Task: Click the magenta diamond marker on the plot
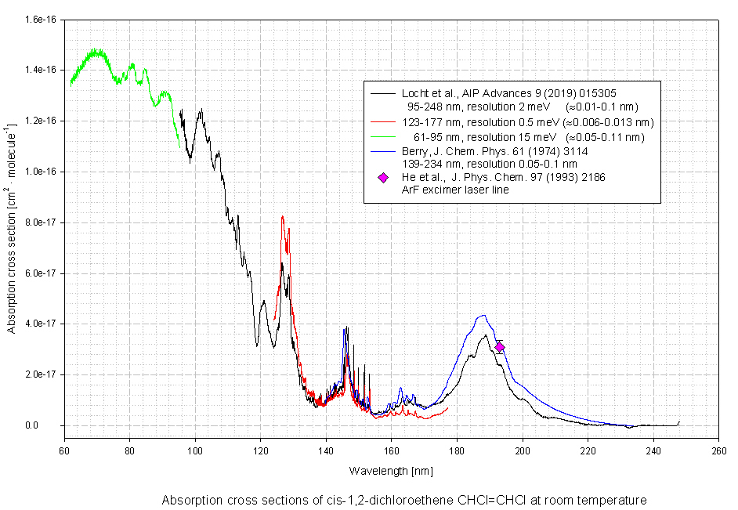(x=500, y=346)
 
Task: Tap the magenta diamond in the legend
(x=383, y=178)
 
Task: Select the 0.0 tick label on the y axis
(x=48, y=425)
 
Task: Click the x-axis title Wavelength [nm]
(x=390, y=471)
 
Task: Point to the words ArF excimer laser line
(x=454, y=190)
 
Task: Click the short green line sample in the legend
(x=383, y=137)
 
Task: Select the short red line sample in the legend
(x=383, y=122)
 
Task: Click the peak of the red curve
(x=282, y=217)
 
